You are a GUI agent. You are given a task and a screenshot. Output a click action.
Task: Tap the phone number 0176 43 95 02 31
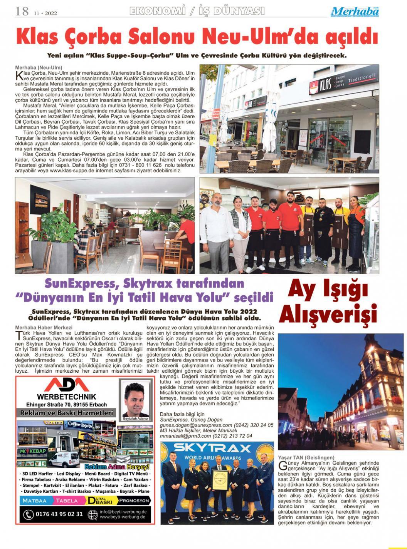(x=58, y=514)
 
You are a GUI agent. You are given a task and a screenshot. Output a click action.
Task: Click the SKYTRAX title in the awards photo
(x=218, y=448)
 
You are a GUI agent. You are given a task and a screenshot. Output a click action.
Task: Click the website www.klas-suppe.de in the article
(x=73, y=170)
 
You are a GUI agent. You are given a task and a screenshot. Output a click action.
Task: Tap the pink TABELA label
(x=66, y=501)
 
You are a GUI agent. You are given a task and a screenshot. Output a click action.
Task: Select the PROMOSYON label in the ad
(x=134, y=501)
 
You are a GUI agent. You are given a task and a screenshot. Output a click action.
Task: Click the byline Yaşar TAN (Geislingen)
(x=306, y=457)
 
